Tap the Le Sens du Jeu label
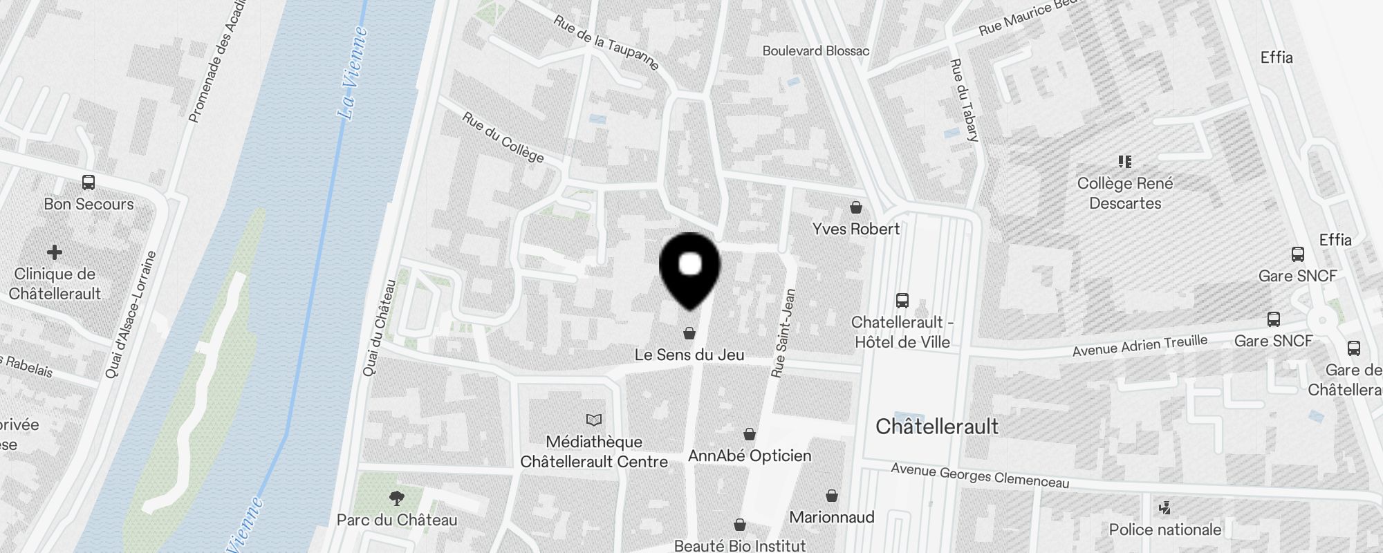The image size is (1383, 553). point(689,355)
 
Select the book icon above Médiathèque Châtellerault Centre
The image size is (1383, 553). point(594,420)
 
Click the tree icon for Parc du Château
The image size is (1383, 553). point(397,498)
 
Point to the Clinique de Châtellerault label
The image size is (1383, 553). point(55,283)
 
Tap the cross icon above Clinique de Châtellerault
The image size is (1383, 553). point(55,252)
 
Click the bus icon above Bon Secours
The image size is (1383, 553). point(89,182)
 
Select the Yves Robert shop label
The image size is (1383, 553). point(856,229)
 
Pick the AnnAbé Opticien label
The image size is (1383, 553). point(750,456)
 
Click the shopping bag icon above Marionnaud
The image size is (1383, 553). point(832,496)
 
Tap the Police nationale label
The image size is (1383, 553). point(1165,529)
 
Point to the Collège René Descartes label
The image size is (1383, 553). point(1125,193)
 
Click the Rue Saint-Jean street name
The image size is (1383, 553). point(783,333)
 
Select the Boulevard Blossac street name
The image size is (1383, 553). point(816,50)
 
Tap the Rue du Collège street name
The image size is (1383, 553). point(503,138)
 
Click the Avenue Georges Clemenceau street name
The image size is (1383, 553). point(980,476)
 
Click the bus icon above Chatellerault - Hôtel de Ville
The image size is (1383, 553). point(902,300)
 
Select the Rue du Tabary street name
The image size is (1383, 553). point(964,100)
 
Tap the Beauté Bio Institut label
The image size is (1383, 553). point(740,545)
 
